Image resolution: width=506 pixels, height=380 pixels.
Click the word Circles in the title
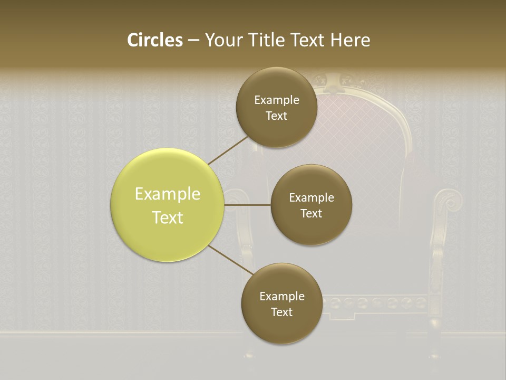[155, 40]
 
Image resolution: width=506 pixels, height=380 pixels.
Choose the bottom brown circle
[281, 324]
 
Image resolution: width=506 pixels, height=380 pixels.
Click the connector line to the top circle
[228, 150]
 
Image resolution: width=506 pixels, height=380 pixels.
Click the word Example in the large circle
[168, 194]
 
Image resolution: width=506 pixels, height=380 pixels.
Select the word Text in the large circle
[168, 217]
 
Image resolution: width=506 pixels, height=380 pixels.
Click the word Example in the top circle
[277, 100]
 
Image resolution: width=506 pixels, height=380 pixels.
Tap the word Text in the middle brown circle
[311, 213]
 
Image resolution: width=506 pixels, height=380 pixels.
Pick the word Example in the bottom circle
[282, 296]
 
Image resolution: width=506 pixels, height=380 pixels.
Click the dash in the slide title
[193, 40]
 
